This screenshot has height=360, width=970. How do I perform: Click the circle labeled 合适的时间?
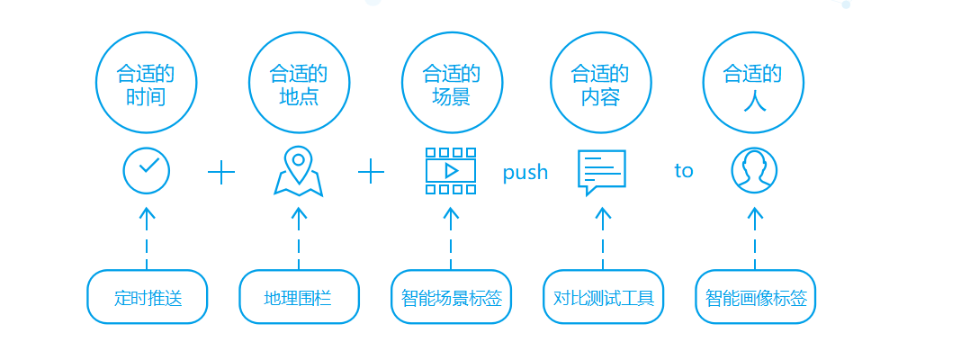147,83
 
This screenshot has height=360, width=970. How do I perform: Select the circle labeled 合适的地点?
299,83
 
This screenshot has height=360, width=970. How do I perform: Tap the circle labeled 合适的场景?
452,83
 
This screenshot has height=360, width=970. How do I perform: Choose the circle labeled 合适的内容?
602,83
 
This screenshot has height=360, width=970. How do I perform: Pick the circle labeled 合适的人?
754,83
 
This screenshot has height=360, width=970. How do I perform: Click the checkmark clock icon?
147,170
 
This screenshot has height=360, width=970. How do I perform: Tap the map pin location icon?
298,171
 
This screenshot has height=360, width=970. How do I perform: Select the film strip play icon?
451,170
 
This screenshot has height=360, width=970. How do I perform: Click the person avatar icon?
754,170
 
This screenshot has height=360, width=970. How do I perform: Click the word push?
525,173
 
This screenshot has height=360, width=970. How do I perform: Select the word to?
684,171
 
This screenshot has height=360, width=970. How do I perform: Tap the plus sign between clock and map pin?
221,172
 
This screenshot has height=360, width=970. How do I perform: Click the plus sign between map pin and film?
372,171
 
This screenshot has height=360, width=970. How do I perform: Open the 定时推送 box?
148,296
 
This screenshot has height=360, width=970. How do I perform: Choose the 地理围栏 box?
299,296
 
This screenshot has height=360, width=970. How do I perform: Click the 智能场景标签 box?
451,296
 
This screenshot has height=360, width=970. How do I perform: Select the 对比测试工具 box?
603,296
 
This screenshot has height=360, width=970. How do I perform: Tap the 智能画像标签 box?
755,296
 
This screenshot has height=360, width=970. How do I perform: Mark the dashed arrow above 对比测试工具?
603,238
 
